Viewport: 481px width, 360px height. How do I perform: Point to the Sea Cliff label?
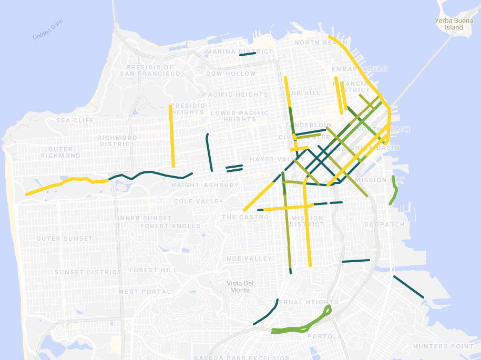coord(75,120)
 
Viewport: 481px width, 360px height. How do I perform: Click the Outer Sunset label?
coord(64,239)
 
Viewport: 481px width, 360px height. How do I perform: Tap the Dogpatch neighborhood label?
coord(385,224)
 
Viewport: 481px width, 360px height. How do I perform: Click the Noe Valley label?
coord(249,259)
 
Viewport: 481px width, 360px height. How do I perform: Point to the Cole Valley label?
coord(199,201)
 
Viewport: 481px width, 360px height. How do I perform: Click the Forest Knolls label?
coord(170,226)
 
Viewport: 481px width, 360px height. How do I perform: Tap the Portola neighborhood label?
coord(324,336)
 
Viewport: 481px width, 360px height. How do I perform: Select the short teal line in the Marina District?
coord(247,54)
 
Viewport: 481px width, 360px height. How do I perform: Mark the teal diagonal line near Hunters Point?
coord(408,287)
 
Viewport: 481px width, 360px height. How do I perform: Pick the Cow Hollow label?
coord(231,74)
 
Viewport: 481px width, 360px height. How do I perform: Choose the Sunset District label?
coord(87,272)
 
